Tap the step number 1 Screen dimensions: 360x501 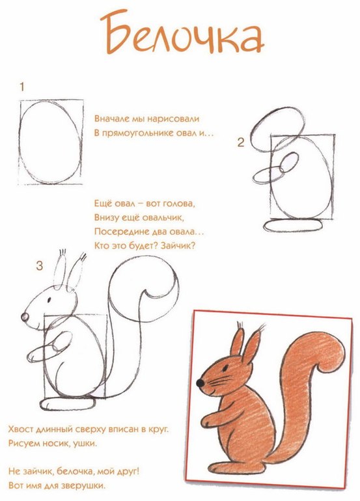21,87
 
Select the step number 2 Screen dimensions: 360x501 241,142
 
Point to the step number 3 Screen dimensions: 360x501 39,265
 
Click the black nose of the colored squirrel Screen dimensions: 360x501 201,383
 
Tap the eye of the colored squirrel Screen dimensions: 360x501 225,368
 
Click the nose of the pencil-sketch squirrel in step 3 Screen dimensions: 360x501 25,318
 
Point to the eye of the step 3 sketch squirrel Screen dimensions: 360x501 49,300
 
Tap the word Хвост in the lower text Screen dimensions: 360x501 20,429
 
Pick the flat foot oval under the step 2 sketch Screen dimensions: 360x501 292,225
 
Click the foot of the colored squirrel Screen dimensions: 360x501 236,468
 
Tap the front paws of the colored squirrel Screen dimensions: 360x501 211,420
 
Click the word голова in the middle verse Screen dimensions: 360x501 179,204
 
